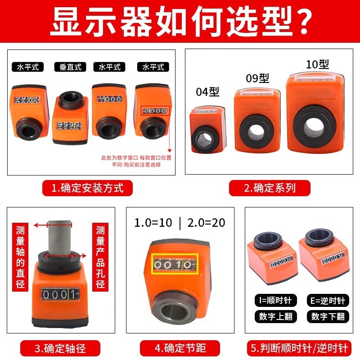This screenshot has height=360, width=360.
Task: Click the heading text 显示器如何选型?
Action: [x=180, y=20]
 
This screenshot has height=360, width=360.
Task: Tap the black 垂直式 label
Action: [x=70, y=67]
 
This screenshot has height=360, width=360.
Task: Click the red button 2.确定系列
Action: [x=270, y=188]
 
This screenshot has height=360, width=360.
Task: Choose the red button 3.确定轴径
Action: [x=60, y=348]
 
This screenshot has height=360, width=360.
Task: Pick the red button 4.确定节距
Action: [x=180, y=348]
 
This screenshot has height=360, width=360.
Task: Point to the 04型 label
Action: [x=207, y=92]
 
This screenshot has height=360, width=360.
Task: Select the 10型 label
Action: [x=317, y=64]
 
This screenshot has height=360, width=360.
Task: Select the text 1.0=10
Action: [x=153, y=223]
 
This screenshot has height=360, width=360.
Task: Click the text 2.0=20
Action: [x=206, y=223]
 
